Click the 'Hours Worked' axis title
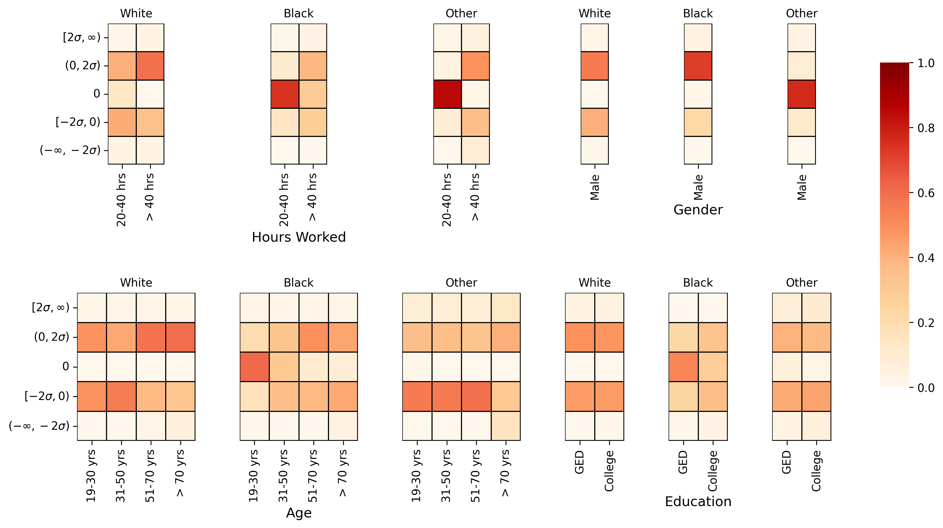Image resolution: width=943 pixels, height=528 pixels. coord(299,237)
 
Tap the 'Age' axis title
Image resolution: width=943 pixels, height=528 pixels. coord(299,513)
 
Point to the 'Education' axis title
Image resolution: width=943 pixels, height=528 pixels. coord(698,501)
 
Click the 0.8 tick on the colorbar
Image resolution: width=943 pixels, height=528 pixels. coord(926,128)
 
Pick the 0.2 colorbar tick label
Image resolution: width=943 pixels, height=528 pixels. coord(926,323)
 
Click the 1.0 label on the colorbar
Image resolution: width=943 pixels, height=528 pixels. coord(926,63)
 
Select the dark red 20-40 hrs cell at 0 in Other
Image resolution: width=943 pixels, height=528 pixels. coord(447,94)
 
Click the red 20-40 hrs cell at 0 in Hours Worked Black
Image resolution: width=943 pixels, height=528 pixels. coord(285,94)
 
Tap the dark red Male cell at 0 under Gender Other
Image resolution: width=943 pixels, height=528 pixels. coord(801,94)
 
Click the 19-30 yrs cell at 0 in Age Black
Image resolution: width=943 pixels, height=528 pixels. coord(254,367)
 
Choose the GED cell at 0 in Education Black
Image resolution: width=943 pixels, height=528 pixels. coord(683,367)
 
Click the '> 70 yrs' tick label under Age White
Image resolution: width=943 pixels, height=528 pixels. coord(180,473)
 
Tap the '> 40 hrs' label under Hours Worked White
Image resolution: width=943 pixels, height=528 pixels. coord(150,197)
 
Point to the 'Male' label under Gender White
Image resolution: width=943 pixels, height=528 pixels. coord(595,187)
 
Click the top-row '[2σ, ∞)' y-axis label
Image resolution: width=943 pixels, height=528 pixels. coord(82,37)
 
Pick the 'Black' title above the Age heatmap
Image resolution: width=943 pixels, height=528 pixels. coord(299,283)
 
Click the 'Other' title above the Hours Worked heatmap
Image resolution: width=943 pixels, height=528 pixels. coord(461,14)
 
